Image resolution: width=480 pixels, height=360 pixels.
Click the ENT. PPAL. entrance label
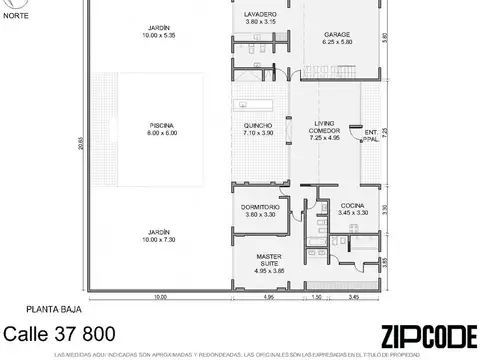pos(371,135)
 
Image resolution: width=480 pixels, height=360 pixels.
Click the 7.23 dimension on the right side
pos(385,131)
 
